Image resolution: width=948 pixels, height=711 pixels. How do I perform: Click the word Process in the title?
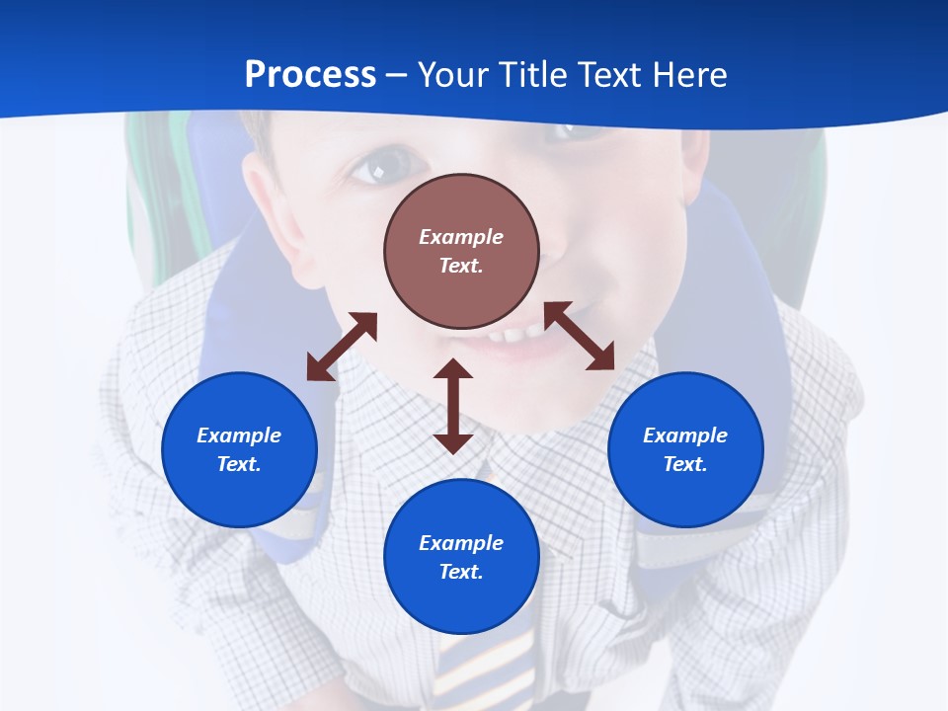[x=310, y=75]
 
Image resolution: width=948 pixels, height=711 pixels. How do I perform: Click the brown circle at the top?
[x=461, y=251]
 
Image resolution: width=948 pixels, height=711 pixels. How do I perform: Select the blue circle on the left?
[x=239, y=449]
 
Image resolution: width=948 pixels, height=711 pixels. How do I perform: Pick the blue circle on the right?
[x=685, y=449]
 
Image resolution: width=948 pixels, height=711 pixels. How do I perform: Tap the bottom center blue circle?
[x=461, y=557]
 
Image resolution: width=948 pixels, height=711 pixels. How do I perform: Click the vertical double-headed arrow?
[x=453, y=406]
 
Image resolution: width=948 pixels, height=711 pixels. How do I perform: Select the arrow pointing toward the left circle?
[x=342, y=347]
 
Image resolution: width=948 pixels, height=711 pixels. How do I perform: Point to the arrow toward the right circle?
[x=579, y=336]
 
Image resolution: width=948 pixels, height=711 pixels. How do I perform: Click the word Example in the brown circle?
[x=461, y=237]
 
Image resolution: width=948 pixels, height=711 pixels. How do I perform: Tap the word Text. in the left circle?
[x=239, y=464]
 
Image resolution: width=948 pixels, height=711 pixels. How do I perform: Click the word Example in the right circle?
[x=685, y=435]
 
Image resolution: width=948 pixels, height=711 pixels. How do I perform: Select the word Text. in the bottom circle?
[x=461, y=572]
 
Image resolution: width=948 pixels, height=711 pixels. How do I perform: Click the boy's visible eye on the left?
[x=372, y=169]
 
